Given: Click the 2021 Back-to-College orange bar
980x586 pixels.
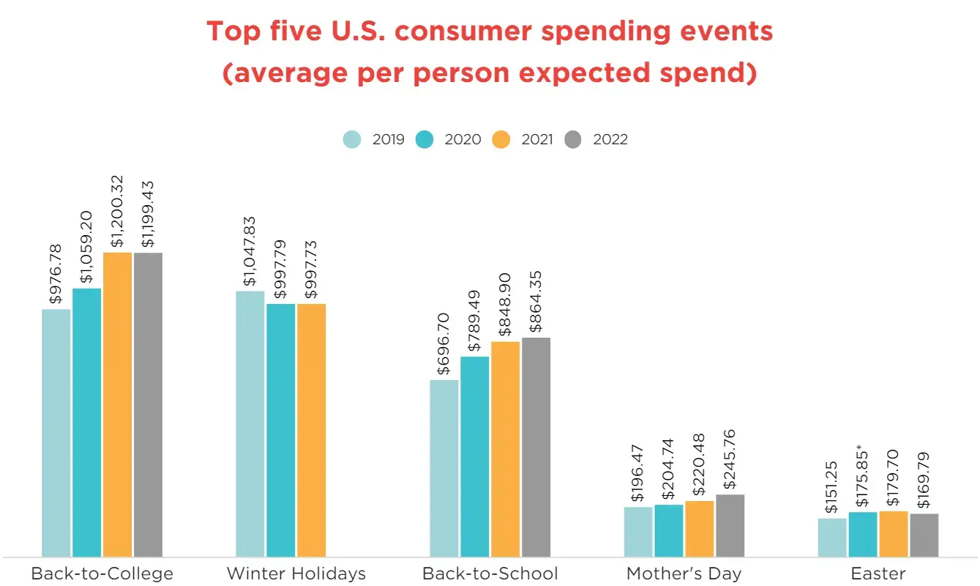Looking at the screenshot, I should pyautogui.click(x=117, y=404).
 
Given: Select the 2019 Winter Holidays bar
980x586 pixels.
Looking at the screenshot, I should pyautogui.click(x=250, y=423).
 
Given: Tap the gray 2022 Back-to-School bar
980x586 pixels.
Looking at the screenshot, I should pyautogui.click(x=536, y=447).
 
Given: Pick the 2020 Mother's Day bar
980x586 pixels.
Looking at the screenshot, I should pyautogui.click(x=668, y=530).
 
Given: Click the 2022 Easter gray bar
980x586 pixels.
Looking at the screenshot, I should pyautogui.click(x=924, y=535).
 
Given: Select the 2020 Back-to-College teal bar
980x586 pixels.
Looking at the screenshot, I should pyautogui.click(x=86, y=422).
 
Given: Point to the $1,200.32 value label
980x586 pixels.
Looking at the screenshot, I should pyautogui.click(x=117, y=211).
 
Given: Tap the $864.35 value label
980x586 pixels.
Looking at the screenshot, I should pyautogui.click(x=536, y=301).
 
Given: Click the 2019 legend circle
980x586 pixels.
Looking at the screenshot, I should pyautogui.click(x=353, y=139).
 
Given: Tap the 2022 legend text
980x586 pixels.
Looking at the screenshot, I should pyautogui.click(x=610, y=139).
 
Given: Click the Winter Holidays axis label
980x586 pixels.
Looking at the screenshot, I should pyautogui.click(x=296, y=573).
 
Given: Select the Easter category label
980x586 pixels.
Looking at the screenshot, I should pyautogui.click(x=878, y=573).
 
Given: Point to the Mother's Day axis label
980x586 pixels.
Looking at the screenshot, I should pyautogui.click(x=684, y=573).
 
